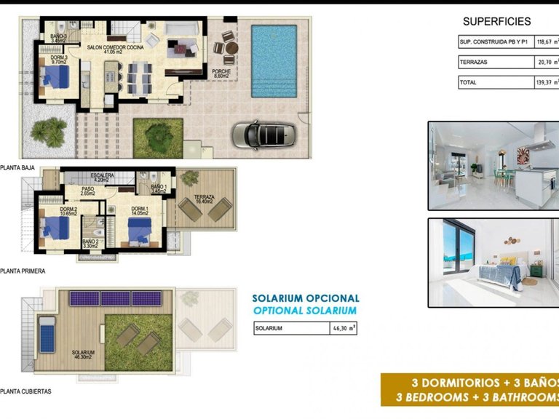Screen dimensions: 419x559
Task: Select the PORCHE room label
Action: [222, 72]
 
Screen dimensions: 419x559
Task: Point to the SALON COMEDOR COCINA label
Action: [116, 48]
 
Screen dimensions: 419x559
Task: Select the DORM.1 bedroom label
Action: [140, 210]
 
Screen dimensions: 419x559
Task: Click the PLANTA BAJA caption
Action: [17, 166]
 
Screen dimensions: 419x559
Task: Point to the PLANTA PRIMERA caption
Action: [23, 271]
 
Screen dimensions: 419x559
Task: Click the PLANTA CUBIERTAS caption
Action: [26, 391]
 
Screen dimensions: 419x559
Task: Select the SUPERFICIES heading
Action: [496, 22]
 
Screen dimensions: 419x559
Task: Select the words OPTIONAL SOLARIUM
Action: [305, 311]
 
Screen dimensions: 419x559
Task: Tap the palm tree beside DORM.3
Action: [47, 131]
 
